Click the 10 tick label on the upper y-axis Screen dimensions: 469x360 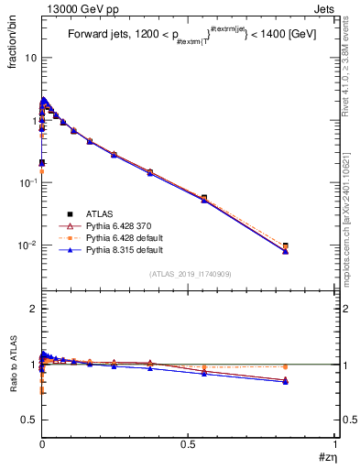tap(30, 58)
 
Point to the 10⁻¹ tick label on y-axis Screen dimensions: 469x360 tap(27, 182)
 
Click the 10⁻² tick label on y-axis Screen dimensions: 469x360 tap(27, 245)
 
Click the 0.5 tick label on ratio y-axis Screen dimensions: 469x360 tap(28, 420)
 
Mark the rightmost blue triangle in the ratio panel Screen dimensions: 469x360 tap(311, 381)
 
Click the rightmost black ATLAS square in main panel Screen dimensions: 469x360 tap(311, 245)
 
